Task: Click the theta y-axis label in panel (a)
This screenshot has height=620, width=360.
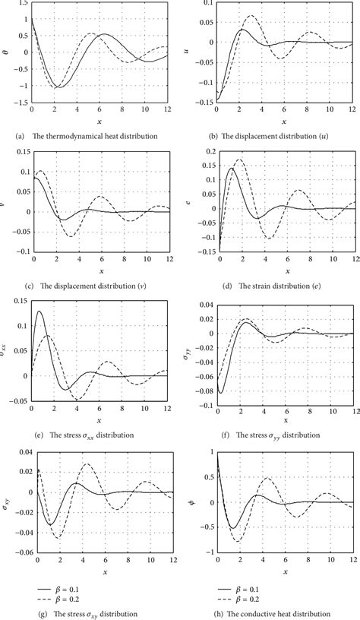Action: tap(5, 52)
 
